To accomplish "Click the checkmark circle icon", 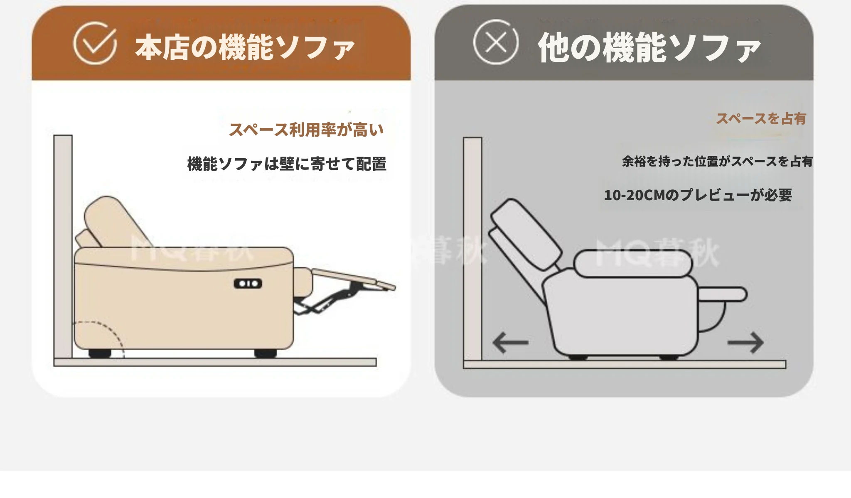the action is (x=95, y=43).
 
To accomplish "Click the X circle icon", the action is (x=496, y=42).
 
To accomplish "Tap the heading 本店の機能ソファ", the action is (x=245, y=47).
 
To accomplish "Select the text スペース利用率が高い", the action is (x=306, y=130).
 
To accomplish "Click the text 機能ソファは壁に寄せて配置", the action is (x=287, y=164).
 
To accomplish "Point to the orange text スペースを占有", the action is (x=761, y=119).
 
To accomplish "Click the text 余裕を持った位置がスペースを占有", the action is (x=717, y=161).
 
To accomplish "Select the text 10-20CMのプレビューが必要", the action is (x=698, y=195).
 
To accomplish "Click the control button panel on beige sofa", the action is (x=248, y=284).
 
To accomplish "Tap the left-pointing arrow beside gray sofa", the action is (x=510, y=343).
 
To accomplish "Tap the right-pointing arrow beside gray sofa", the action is (x=745, y=343).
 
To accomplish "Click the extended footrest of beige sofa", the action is (x=353, y=279).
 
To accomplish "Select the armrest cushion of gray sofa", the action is (x=632, y=264).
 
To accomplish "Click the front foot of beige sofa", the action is (x=266, y=353).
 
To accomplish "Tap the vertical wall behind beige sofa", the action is (x=63, y=246).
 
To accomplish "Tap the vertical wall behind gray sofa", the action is (x=473, y=249).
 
